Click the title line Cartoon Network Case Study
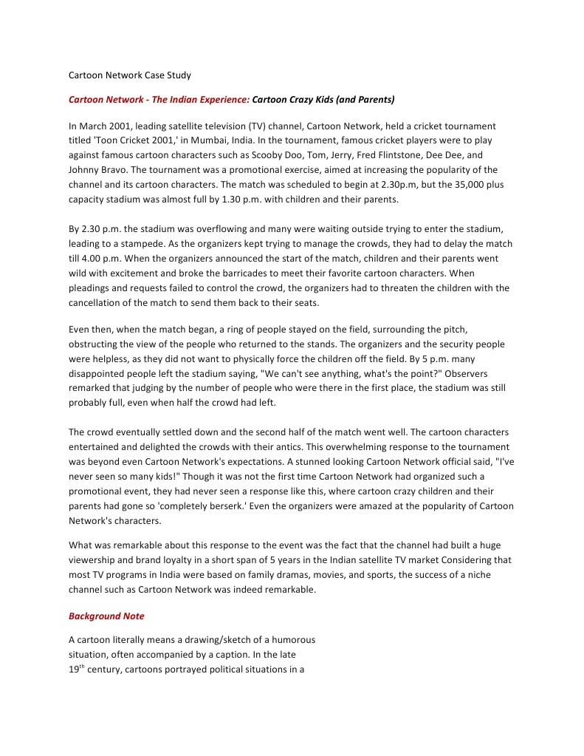click(130, 75)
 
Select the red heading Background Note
click(106, 616)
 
